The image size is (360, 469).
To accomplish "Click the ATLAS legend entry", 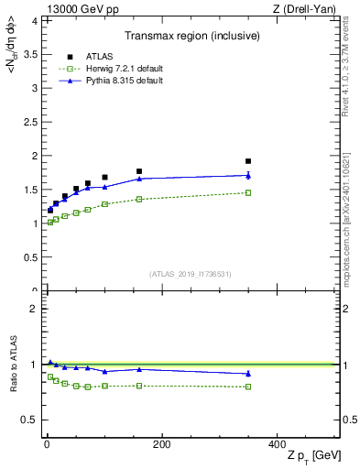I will coord(90,57).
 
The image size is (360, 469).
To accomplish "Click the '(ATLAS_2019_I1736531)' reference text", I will coord(190,274).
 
